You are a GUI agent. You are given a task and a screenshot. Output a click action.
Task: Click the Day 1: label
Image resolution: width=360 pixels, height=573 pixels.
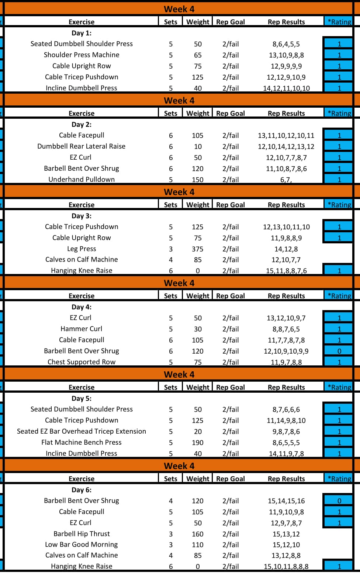coord(82,33)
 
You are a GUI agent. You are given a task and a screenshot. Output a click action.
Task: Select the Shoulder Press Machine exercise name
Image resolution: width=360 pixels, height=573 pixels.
coord(82,55)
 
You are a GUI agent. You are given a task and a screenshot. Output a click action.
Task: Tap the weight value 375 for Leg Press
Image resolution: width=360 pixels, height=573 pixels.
coord(198,249)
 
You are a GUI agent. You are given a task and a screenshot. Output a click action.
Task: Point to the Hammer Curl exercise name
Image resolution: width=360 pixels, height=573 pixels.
coord(82,329)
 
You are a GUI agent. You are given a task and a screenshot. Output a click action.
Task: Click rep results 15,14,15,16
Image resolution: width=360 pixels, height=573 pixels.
coord(286,501)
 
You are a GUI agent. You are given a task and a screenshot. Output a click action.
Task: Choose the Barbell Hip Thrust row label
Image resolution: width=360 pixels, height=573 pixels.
coord(82,534)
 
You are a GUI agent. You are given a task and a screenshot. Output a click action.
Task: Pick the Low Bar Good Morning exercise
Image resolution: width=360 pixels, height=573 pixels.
coord(82,544)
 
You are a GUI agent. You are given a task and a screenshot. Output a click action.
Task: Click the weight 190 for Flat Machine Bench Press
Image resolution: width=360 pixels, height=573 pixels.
coord(198,442)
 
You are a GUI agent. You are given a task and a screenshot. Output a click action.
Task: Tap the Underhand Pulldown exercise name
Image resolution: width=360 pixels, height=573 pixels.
coord(82,180)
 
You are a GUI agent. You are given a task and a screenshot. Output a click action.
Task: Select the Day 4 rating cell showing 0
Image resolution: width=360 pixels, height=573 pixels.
coord(339,351)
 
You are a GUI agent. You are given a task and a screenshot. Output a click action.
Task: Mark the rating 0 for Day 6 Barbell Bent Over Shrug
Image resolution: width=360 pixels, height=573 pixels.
coord(339,501)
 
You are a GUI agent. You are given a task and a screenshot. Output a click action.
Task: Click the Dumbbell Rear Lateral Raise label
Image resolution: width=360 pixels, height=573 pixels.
coord(82,146)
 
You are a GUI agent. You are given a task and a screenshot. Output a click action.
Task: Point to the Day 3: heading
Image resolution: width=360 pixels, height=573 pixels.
coord(82,216)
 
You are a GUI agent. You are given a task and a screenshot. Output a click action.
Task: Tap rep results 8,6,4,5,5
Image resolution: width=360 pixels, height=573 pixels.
coord(286,44)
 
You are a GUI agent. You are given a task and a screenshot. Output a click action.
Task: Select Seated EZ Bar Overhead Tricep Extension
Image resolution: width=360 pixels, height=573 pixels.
coord(82,431)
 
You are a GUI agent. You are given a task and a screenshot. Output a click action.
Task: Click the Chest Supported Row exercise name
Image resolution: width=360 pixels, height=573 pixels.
coord(82,362)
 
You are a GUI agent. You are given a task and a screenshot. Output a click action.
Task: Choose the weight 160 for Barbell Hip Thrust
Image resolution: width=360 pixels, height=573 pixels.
coord(198,534)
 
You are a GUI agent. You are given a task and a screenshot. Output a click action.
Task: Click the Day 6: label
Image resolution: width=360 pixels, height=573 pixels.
coord(82,490)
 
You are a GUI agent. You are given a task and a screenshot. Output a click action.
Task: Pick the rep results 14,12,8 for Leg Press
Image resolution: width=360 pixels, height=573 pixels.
coord(286,249)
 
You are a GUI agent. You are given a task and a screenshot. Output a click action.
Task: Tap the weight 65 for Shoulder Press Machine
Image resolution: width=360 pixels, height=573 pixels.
coord(198,55)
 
